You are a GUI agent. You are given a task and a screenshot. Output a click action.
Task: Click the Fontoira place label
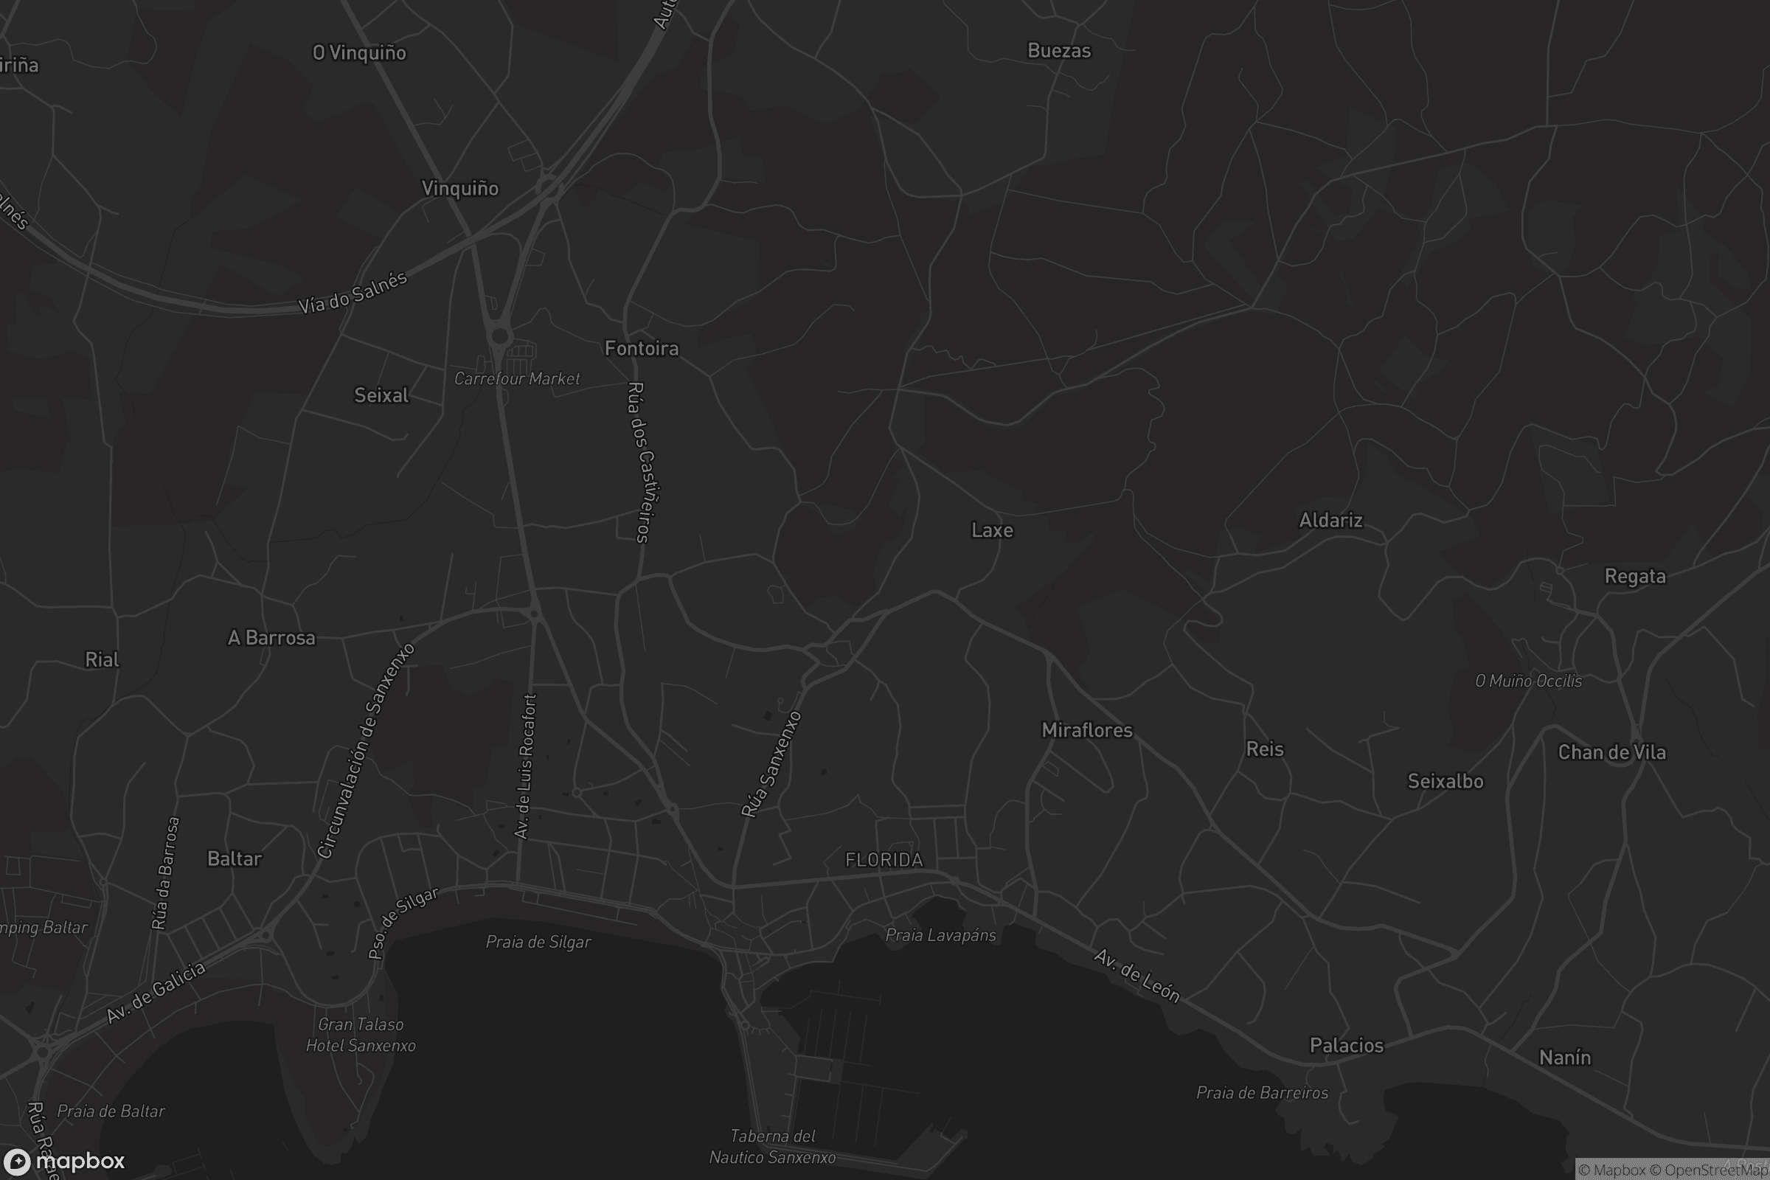click(x=641, y=348)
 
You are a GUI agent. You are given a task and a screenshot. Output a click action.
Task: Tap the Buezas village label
click(x=1059, y=51)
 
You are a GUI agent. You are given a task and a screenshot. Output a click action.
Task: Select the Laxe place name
click(x=992, y=530)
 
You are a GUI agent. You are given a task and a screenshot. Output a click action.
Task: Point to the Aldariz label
click(x=1330, y=520)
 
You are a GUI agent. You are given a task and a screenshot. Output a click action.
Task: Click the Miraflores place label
click(x=1086, y=730)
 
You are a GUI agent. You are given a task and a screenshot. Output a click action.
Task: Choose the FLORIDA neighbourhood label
click(x=884, y=860)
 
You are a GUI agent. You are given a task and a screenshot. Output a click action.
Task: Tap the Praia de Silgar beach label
click(x=538, y=943)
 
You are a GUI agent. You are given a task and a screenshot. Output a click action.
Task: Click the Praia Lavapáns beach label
click(x=941, y=935)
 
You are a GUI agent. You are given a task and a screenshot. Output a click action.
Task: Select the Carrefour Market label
click(x=517, y=378)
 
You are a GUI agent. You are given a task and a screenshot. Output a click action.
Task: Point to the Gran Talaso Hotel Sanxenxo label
click(x=361, y=1035)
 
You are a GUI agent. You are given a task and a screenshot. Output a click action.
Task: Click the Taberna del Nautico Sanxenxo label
click(x=773, y=1147)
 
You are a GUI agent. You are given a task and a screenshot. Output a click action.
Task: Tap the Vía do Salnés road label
click(x=353, y=292)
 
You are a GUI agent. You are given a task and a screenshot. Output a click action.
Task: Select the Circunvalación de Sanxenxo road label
click(x=366, y=750)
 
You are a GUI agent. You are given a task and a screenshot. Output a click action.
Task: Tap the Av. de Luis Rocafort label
click(x=525, y=766)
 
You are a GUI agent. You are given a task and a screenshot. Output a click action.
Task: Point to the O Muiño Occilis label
click(x=1527, y=681)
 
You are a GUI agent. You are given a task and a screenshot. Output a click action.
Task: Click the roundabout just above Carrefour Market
click(x=500, y=336)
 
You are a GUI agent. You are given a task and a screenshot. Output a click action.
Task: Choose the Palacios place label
click(x=1347, y=1045)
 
